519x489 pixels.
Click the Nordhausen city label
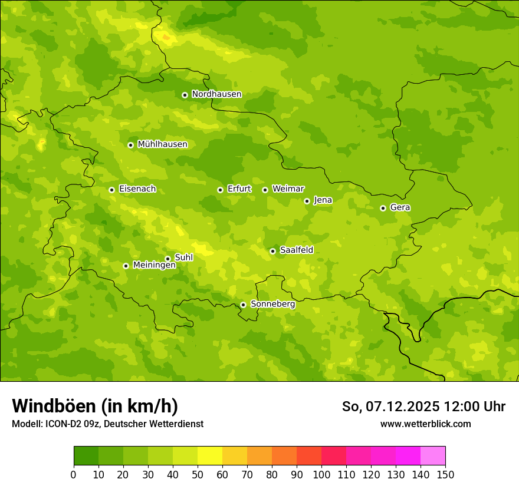click(216, 94)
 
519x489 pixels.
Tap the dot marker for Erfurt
click(220, 190)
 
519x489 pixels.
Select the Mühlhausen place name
click(162, 144)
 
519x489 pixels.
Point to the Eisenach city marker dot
click(111, 190)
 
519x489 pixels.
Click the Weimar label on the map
click(288, 189)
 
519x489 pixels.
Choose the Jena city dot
click(307, 201)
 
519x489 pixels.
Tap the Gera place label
click(400, 207)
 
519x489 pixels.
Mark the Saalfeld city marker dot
click(272, 251)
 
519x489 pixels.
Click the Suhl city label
click(183, 257)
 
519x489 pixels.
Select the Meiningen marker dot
click(126, 266)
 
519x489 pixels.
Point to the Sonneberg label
click(272, 304)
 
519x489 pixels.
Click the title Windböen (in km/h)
click(95, 406)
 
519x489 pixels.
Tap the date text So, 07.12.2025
click(391, 407)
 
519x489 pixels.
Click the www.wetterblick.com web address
click(425, 424)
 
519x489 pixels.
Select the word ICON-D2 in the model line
click(63, 424)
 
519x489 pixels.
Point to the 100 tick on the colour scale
click(321, 474)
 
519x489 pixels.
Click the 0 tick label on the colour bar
click(74, 474)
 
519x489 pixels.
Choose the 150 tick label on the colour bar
click(445, 474)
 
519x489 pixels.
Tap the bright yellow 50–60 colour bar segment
click(210, 456)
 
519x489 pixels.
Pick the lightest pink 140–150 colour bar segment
click(433, 456)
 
